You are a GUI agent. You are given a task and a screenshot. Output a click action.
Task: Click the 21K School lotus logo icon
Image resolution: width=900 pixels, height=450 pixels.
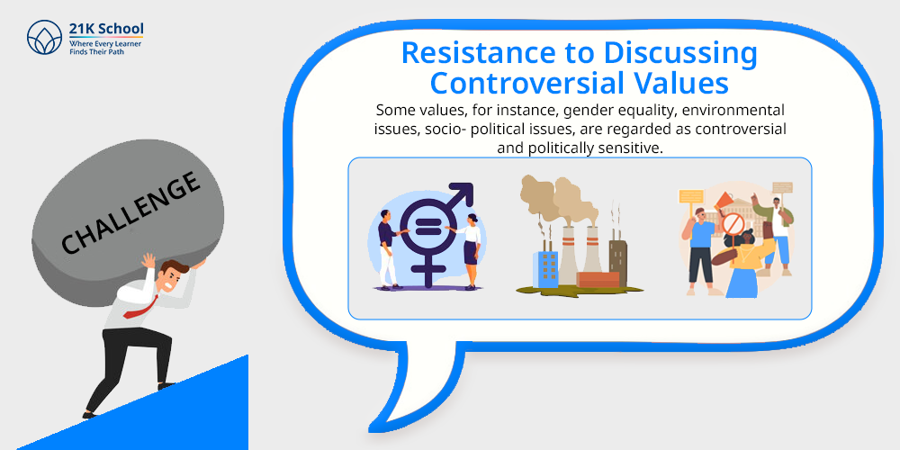click(44, 37)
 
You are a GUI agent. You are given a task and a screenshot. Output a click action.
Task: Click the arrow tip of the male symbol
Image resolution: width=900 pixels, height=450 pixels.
click(466, 190)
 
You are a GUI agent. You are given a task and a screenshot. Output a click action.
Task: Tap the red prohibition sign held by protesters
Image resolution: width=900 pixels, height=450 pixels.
click(732, 224)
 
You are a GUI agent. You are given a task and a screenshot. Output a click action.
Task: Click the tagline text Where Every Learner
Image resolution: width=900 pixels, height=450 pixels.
click(105, 43)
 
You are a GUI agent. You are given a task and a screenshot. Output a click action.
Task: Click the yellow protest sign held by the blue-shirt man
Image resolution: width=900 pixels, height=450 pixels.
click(691, 197)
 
